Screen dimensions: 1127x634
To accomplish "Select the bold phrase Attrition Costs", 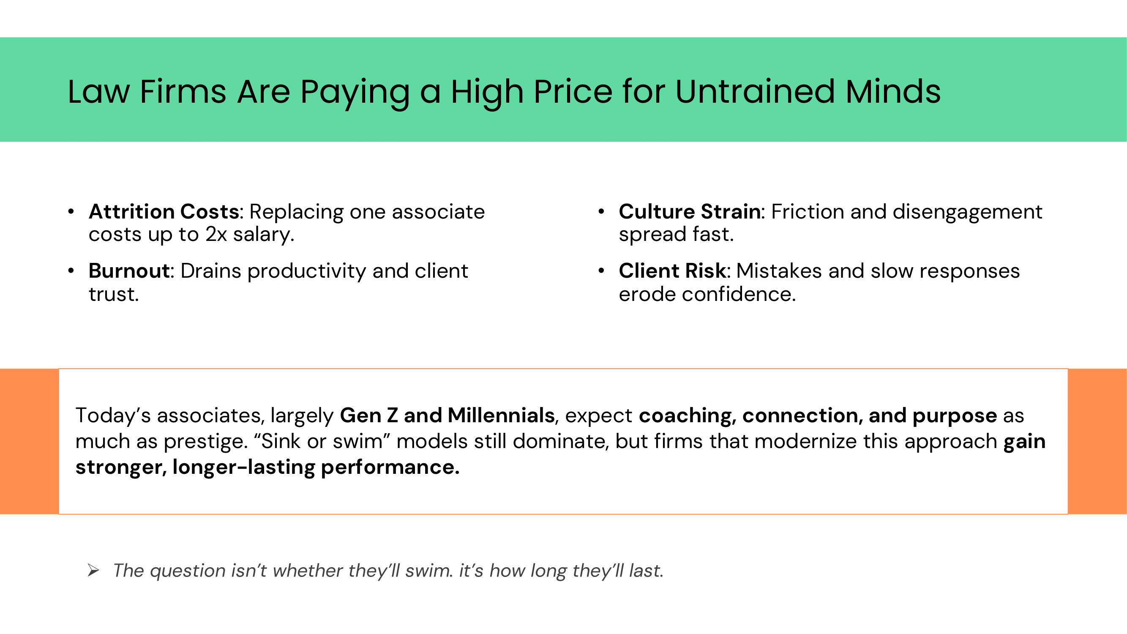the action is [x=164, y=212].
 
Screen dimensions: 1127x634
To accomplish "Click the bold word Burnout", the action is [x=129, y=271].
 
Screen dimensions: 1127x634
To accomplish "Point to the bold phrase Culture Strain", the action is [x=690, y=212].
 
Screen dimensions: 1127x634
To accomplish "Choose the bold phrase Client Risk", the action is [x=672, y=271].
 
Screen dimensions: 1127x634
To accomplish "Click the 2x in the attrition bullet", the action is [x=216, y=235].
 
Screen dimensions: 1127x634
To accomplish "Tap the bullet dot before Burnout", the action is [x=71, y=271].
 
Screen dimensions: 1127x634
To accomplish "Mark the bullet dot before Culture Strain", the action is [x=601, y=212].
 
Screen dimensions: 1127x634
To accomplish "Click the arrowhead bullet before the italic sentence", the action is [x=93, y=571].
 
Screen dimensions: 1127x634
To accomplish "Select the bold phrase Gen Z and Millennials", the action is [x=447, y=415].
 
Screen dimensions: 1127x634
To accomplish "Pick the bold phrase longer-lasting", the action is [x=244, y=467].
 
